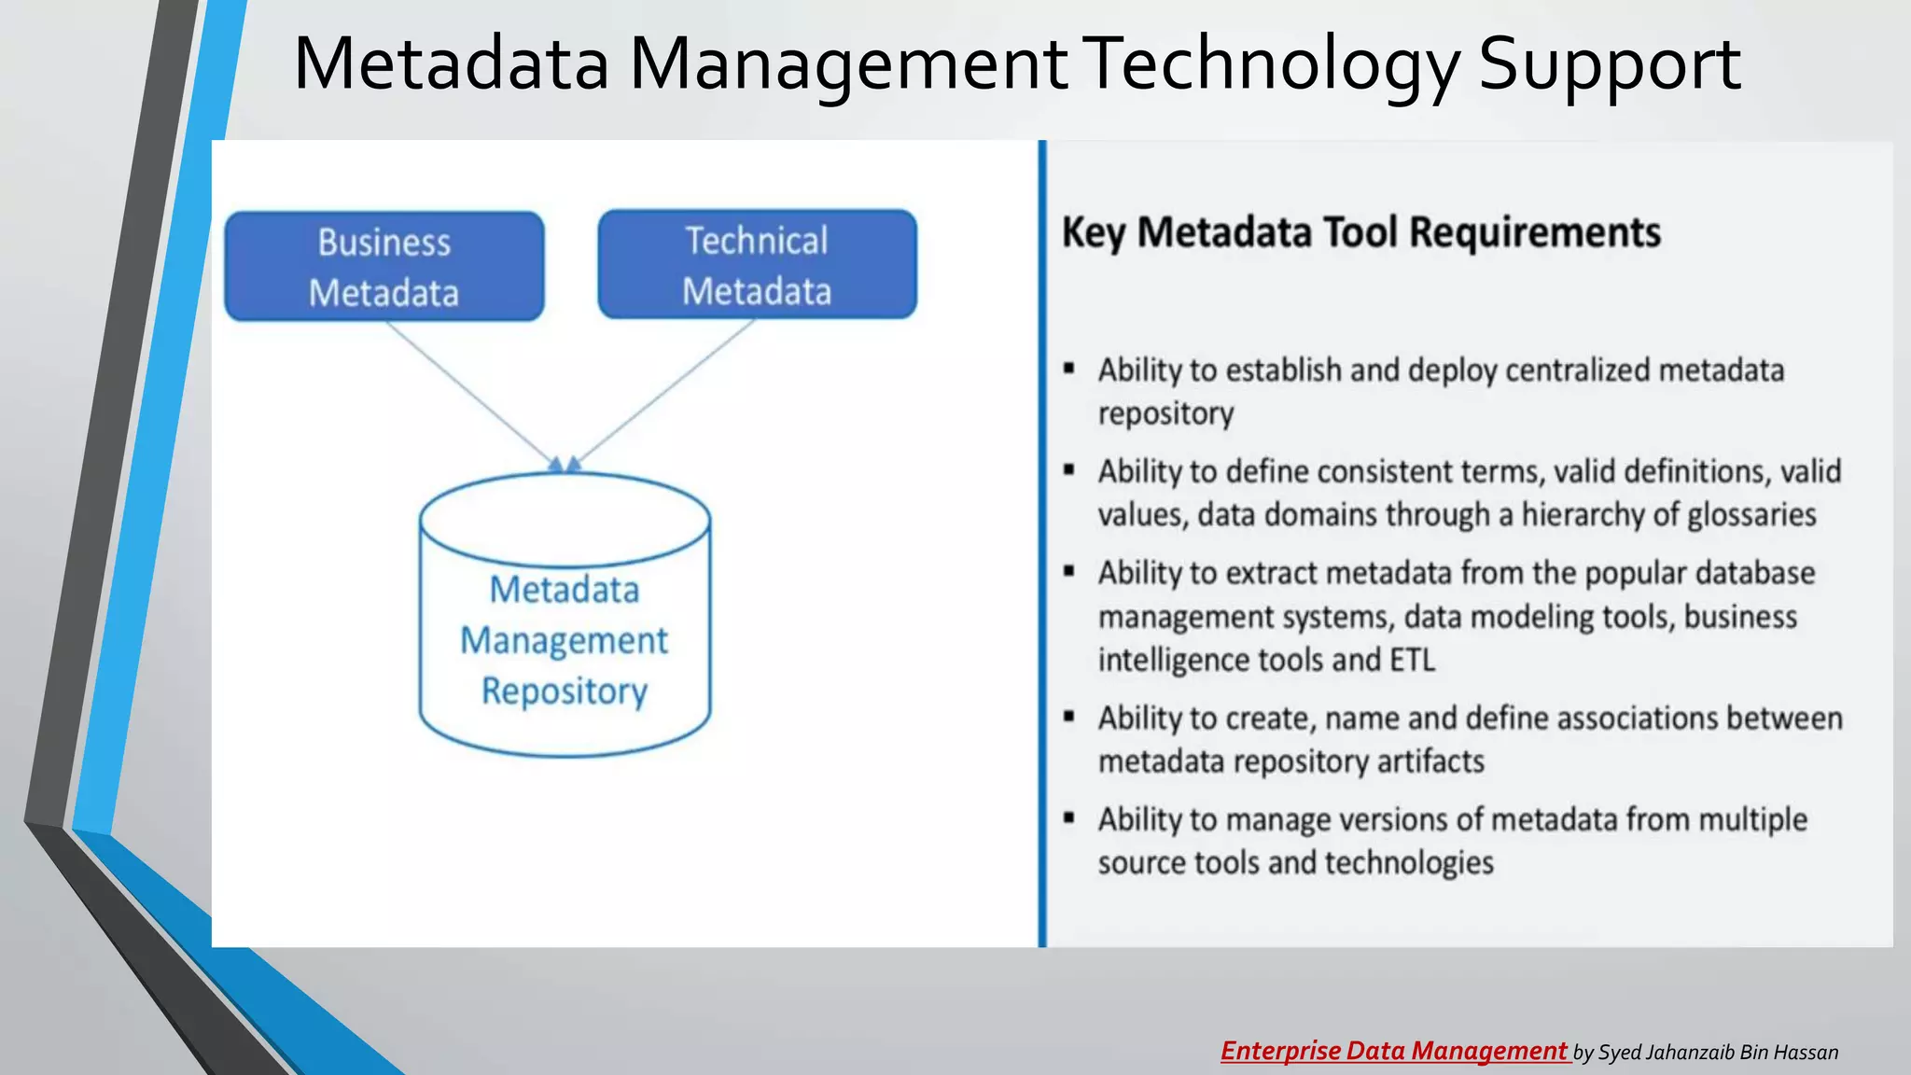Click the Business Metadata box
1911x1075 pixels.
pyautogui.click(x=384, y=267)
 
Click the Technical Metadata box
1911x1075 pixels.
pyautogui.click(x=757, y=265)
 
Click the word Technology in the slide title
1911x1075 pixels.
pyautogui.click(x=1274, y=63)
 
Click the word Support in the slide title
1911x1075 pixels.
pyautogui.click(x=1609, y=63)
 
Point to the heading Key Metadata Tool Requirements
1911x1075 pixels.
pyautogui.click(x=1361, y=232)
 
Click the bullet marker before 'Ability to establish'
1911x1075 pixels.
pyautogui.click(x=1069, y=369)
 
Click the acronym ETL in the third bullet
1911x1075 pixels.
pyautogui.click(x=1412, y=661)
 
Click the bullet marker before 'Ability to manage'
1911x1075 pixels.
pyautogui.click(x=1069, y=818)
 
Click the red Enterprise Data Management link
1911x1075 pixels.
pyautogui.click(x=1394, y=1052)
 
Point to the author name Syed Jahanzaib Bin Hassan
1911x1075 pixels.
pyautogui.click(x=1718, y=1053)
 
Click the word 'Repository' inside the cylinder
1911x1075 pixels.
pyautogui.click(x=565, y=691)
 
